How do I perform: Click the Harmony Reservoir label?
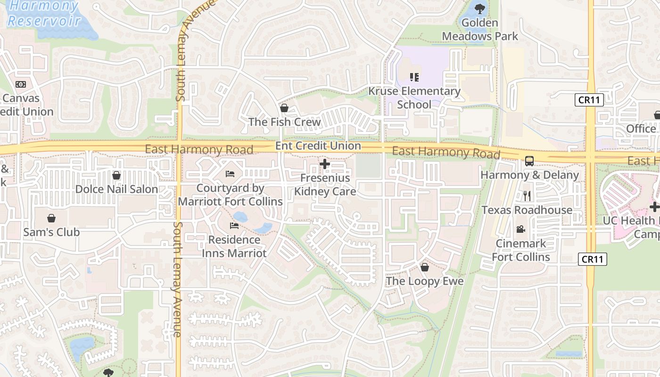point(43,13)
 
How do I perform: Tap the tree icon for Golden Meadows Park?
point(480,8)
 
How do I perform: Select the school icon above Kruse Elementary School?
point(414,77)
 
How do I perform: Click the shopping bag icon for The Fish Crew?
point(284,108)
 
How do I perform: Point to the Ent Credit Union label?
point(318,146)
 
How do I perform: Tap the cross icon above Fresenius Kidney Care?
point(325,164)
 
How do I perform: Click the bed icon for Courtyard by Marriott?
point(230,174)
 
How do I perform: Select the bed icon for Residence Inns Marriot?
point(234,226)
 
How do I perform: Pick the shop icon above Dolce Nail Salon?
point(116,175)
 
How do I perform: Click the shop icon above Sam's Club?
point(51,218)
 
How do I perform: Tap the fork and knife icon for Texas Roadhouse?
point(527,196)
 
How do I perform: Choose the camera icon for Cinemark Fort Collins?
point(521,229)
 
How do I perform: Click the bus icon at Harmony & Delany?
point(529,161)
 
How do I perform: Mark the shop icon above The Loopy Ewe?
point(425,267)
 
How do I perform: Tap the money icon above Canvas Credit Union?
point(21,84)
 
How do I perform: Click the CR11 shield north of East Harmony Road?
point(589,100)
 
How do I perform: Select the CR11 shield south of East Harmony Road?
point(593,259)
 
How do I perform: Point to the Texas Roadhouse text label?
point(527,210)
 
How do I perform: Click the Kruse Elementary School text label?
point(414,98)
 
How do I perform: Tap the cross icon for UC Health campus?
point(654,206)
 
